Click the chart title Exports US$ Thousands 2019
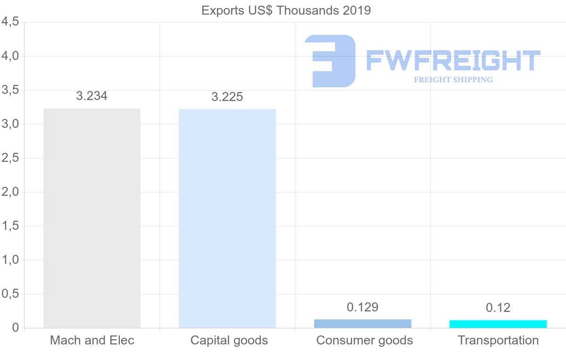pos(286,10)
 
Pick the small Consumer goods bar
pos(363,324)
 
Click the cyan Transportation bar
pos(498,324)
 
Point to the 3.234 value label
pos(92,96)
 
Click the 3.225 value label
pos(227,97)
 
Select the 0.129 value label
pos(363,308)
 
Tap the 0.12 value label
pos(498,308)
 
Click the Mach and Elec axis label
pos(92,340)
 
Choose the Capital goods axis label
pos(229,340)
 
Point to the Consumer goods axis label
pos(365,340)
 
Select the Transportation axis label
pos(498,340)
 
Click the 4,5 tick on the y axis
pos(10,22)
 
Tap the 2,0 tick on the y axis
pos(10,192)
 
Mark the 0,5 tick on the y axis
pos(10,294)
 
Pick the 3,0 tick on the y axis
pos(10,124)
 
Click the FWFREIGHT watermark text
pos(453,60)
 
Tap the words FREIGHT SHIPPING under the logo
pos(453,80)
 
